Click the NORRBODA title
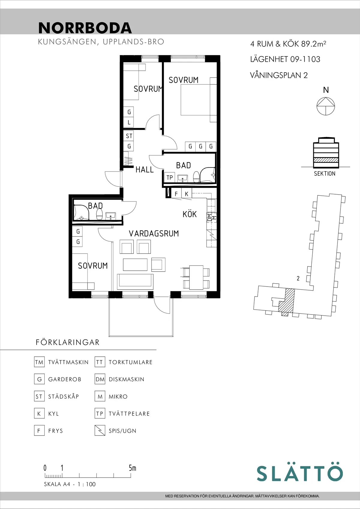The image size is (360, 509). (x=85, y=28)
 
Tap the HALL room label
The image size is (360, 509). (x=144, y=169)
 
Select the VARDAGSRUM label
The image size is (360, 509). (x=154, y=234)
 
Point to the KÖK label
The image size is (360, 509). (x=189, y=214)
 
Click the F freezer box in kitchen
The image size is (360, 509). (x=176, y=194)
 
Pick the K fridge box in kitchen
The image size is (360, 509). (x=187, y=194)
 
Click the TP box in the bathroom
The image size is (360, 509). (x=170, y=177)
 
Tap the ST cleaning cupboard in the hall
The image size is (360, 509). (x=129, y=136)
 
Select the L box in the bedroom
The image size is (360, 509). (x=129, y=122)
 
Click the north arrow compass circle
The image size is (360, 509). (x=326, y=106)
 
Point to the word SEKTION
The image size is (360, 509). (x=325, y=174)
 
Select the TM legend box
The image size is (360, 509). (x=39, y=362)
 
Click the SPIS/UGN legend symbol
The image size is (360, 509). (x=100, y=430)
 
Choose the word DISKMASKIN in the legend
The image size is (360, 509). (x=126, y=379)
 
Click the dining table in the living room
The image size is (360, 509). (x=196, y=278)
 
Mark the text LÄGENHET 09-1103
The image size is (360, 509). (x=285, y=59)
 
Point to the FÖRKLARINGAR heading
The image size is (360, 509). (x=67, y=342)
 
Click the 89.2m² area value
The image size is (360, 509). (x=313, y=43)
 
